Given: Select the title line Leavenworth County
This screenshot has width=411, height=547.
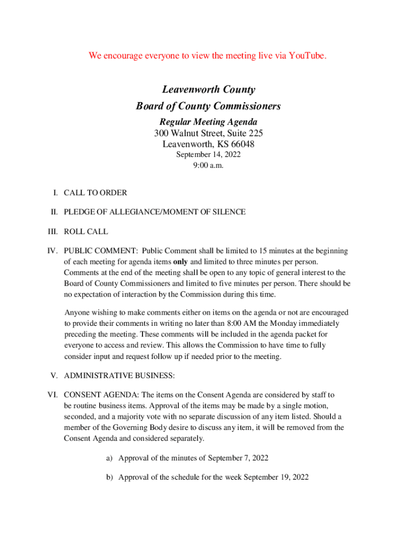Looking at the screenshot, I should pos(209,90).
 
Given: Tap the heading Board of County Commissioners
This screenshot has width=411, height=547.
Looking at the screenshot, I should pos(208,106).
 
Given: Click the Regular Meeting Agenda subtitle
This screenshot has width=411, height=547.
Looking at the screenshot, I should pos(208,122).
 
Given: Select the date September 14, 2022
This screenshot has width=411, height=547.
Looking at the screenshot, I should pos(209,155).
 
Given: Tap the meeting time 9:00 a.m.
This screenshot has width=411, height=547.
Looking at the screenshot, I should pos(209,166).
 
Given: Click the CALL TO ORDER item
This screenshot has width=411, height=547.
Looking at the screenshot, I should pos(95,193).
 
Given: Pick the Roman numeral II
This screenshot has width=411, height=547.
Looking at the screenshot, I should pos(54,212).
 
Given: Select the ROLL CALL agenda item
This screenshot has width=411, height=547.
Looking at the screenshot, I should pos(85,232).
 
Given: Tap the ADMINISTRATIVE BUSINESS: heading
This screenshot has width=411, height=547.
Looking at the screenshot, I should pos(119,376).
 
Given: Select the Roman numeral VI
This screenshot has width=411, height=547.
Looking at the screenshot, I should pos(53,395).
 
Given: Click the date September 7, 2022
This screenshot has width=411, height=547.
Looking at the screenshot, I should pos(238,458).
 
